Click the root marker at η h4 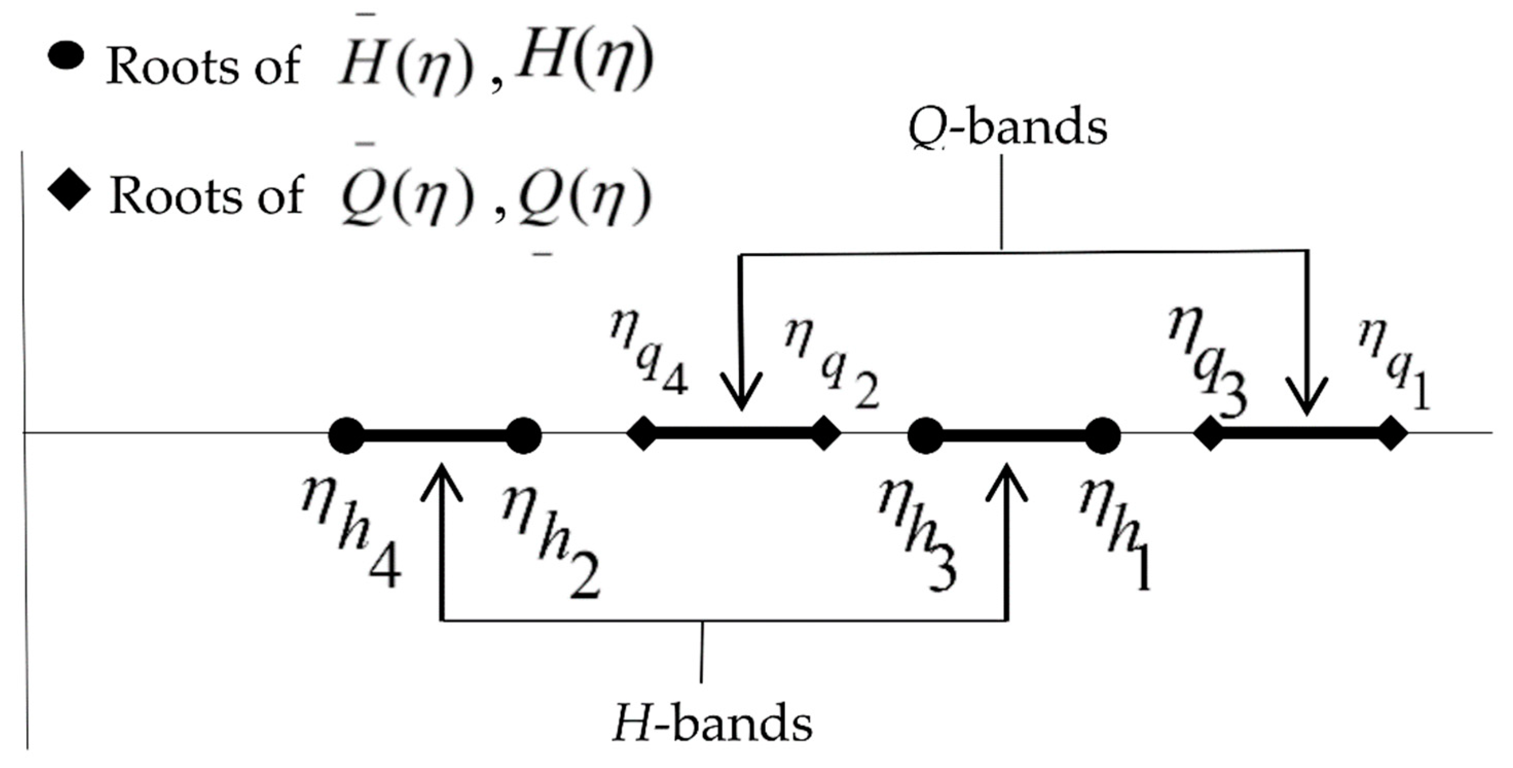pos(346,436)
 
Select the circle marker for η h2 pos(523,436)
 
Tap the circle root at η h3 pos(926,436)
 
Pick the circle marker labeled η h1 pos(1102,436)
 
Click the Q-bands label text pos(1007,127)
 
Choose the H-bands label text pos(712,724)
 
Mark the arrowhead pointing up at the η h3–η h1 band pos(1007,479)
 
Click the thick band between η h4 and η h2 pos(435,436)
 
